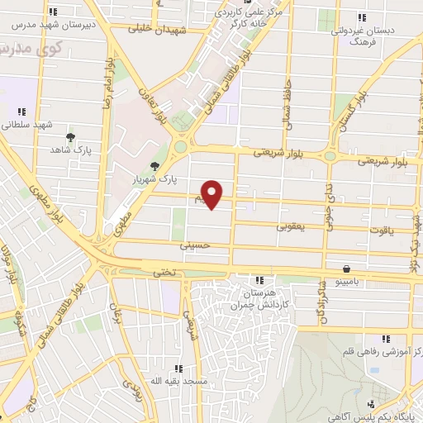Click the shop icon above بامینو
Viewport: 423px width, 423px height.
[x=345, y=269]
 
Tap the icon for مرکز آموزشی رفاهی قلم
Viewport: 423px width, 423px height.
[x=384, y=339]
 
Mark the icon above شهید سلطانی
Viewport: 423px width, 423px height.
[x=21, y=111]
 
